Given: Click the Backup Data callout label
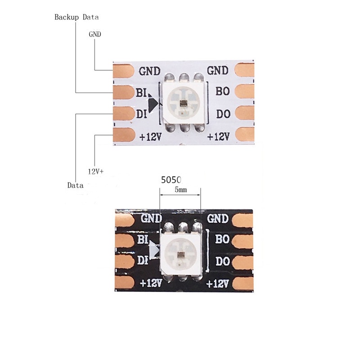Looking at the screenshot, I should pyautogui.click(x=76, y=18).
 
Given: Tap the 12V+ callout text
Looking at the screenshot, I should pyautogui.click(x=95, y=171).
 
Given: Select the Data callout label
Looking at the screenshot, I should pyautogui.click(x=75, y=185).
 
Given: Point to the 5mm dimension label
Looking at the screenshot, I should pyautogui.click(x=180, y=190).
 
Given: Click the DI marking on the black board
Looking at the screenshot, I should pyautogui.click(x=142, y=260).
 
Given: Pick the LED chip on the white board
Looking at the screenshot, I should pyautogui.click(x=184, y=102).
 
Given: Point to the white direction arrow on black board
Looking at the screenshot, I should pyautogui.click(x=155, y=250).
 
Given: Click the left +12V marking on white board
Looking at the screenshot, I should pyautogui.click(x=150, y=137).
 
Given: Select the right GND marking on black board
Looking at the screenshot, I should pyautogui.click(x=218, y=219).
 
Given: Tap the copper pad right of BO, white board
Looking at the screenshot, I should pyautogui.click(x=245, y=92).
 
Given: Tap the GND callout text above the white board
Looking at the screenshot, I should pyautogui.click(x=95, y=34).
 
